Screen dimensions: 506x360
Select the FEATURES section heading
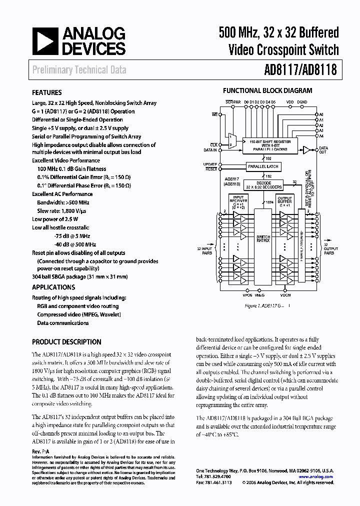[x=47, y=92]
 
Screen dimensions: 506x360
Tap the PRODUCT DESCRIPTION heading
[x=66, y=342]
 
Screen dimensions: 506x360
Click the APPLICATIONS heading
[x=53, y=287]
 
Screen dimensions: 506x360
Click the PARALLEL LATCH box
[x=263, y=166]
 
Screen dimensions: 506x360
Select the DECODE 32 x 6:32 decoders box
[x=264, y=185]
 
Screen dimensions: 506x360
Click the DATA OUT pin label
[x=323, y=150]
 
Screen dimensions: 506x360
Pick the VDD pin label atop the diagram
[x=290, y=102]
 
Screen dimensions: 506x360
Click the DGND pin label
[x=302, y=102]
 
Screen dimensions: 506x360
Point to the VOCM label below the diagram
[x=285, y=295]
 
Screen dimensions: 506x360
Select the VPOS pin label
[x=247, y=295]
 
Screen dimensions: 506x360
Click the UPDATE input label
[x=210, y=164]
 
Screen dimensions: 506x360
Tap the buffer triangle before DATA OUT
[x=306, y=149]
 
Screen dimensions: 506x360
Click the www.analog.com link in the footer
[x=315, y=477]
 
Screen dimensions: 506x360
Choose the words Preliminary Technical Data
[x=79, y=70]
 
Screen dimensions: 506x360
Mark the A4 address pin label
[x=322, y=135]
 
